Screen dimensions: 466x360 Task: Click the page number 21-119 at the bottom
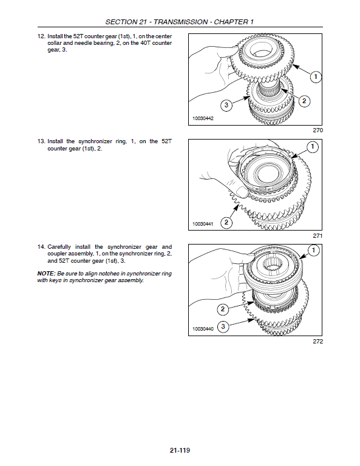click(180, 451)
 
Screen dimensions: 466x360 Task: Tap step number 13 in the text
click(41, 141)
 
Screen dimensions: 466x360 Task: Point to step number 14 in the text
click(41, 247)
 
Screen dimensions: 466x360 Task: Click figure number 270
click(318, 130)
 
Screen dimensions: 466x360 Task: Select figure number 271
click(318, 235)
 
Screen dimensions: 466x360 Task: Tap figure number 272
click(318, 341)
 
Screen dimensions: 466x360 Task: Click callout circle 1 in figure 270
click(315, 76)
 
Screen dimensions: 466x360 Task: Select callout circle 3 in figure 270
click(226, 106)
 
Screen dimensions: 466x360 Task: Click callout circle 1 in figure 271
click(312, 147)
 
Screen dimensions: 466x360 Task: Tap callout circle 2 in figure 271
click(226, 223)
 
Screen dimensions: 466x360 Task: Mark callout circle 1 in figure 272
click(313, 251)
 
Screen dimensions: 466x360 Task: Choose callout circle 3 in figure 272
click(223, 327)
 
